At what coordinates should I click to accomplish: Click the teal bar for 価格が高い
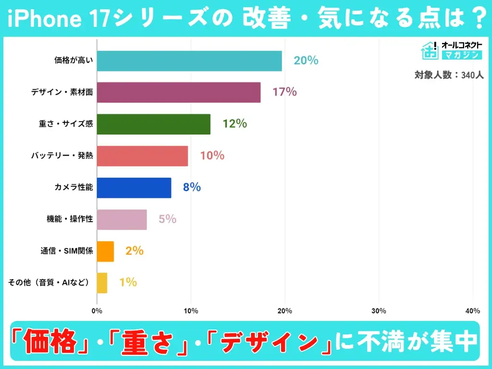189,61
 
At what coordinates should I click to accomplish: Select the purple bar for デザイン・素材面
179,92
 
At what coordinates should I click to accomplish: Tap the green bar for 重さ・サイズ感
154,124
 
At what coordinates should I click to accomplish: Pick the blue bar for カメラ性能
134,187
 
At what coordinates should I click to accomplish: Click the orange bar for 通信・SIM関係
105,251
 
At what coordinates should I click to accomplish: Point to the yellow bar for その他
102,283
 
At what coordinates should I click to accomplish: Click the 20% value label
306,61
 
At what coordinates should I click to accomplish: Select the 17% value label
284,92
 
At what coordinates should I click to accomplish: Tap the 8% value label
192,187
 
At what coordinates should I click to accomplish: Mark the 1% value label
128,283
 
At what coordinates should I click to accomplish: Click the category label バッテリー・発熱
62,156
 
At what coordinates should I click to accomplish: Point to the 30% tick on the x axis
379,311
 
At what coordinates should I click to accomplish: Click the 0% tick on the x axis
97,311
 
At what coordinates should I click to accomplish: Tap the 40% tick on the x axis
473,311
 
